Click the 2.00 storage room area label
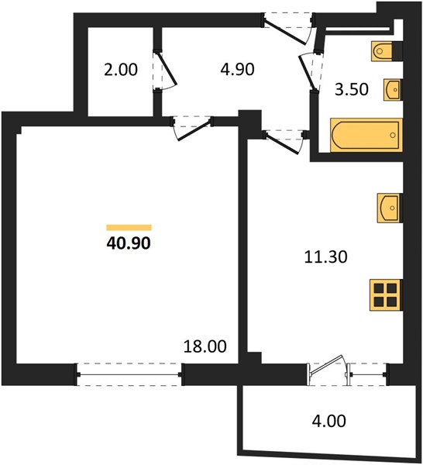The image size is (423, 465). click(121, 70)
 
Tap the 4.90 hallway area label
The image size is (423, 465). click(237, 70)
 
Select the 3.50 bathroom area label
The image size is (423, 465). click(352, 89)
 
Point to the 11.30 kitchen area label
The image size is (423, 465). click(326, 257)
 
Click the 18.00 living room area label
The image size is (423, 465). click(205, 346)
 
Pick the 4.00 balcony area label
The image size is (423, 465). click(329, 421)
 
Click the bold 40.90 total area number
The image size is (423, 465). click(129, 243)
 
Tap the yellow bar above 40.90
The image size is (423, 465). click(129, 227)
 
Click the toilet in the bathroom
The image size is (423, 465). click(387, 51)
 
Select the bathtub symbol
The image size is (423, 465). click(366, 135)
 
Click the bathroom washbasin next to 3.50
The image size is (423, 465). click(393, 90)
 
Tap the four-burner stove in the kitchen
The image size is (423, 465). click(386, 295)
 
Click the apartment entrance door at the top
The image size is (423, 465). click(287, 29)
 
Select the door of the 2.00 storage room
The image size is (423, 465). click(164, 71)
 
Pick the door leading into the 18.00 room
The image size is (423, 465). click(192, 128)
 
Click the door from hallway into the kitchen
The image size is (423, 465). click(285, 143)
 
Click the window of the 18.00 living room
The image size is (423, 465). click(129, 374)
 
